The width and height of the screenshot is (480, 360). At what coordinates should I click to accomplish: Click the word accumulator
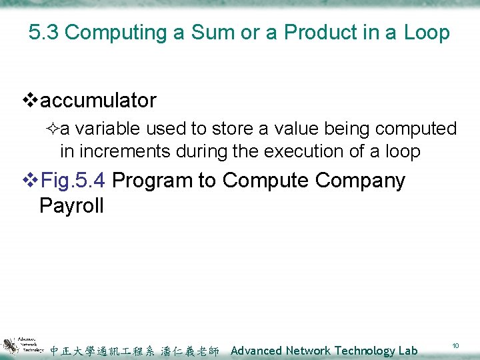pyautogui.click(x=98, y=101)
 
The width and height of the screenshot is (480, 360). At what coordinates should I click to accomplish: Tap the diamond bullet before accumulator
pyautogui.click(x=31, y=101)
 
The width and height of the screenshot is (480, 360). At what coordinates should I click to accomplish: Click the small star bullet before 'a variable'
pyautogui.click(x=53, y=128)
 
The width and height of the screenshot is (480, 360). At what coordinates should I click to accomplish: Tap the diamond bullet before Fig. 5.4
pyautogui.click(x=31, y=181)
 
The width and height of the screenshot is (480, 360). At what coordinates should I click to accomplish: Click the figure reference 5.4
pyautogui.click(x=90, y=181)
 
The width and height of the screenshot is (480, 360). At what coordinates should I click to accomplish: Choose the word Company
pyautogui.click(x=360, y=181)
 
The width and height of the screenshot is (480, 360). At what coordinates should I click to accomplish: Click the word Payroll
pyautogui.click(x=72, y=205)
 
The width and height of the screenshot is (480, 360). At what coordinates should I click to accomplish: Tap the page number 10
pyautogui.click(x=456, y=346)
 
